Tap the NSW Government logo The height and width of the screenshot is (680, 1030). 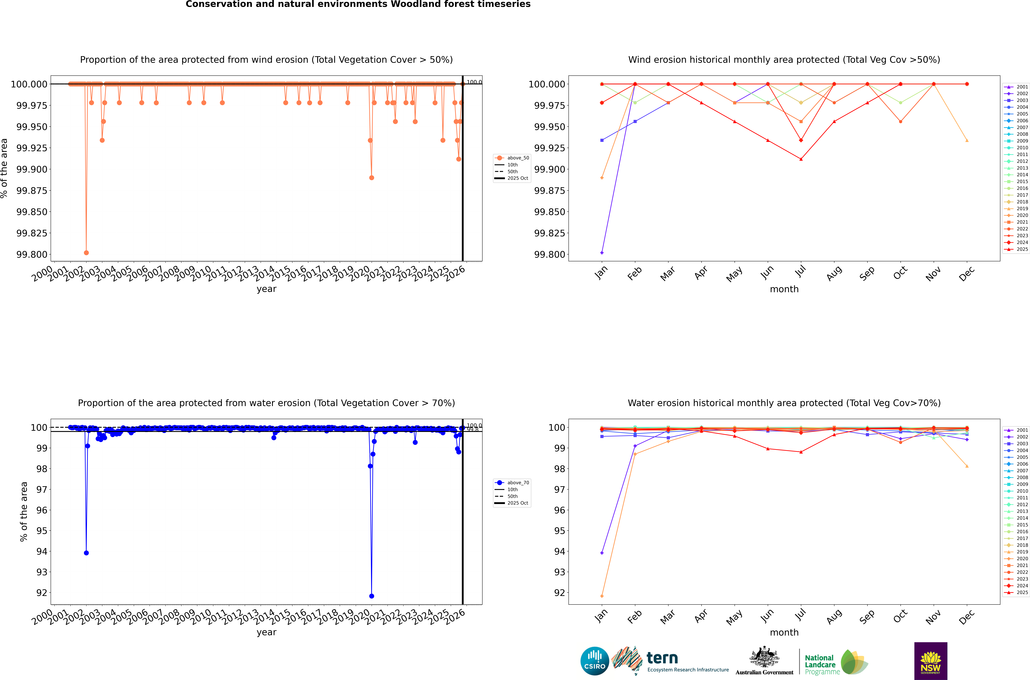(x=931, y=661)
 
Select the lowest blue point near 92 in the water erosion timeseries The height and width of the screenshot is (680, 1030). (x=372, y=596)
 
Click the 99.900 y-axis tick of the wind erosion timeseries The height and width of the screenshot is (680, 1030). (x=32, y=169)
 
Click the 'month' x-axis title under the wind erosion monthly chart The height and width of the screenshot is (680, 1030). (x=784, y=289)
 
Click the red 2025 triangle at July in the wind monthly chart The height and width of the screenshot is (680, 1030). (x=801, y=159)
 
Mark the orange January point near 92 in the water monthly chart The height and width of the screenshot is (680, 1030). (x=602, y=596)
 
